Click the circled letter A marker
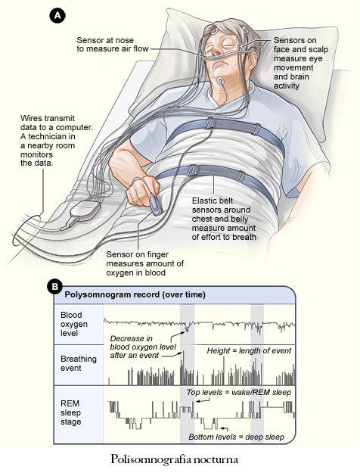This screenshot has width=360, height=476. [57, 16]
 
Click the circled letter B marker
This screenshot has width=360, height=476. [55, 287]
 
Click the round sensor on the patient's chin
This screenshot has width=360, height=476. [221, 81]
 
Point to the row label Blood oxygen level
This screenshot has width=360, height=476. [73, 324]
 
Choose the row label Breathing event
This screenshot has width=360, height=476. [78, 363]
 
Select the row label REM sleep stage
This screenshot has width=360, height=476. [70, 412]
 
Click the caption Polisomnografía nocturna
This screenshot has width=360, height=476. [174, 459]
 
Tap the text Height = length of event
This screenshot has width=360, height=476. [249, 350]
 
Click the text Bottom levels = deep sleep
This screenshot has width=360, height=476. [236, 437]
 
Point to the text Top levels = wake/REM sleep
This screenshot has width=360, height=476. [239, 392]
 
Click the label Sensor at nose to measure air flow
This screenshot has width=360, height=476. [113, 45]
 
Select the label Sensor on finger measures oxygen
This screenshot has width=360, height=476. [145, 263]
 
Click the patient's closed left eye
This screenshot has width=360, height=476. [228, 45]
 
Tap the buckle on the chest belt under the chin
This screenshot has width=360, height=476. [209, 123]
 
